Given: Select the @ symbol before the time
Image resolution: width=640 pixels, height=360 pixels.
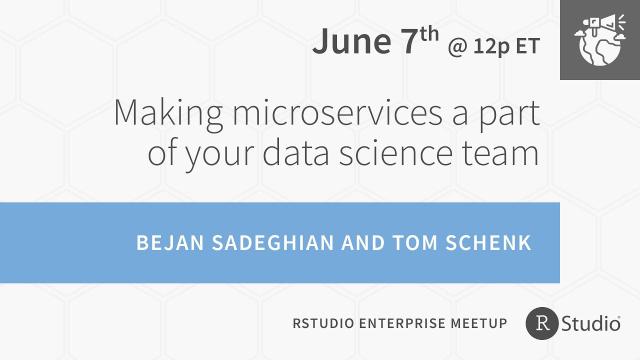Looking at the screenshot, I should (459, 45).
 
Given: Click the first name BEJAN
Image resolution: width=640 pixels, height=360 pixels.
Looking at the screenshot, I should (168, 243).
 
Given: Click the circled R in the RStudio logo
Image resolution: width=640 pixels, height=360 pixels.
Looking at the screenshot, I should (542, 322).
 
